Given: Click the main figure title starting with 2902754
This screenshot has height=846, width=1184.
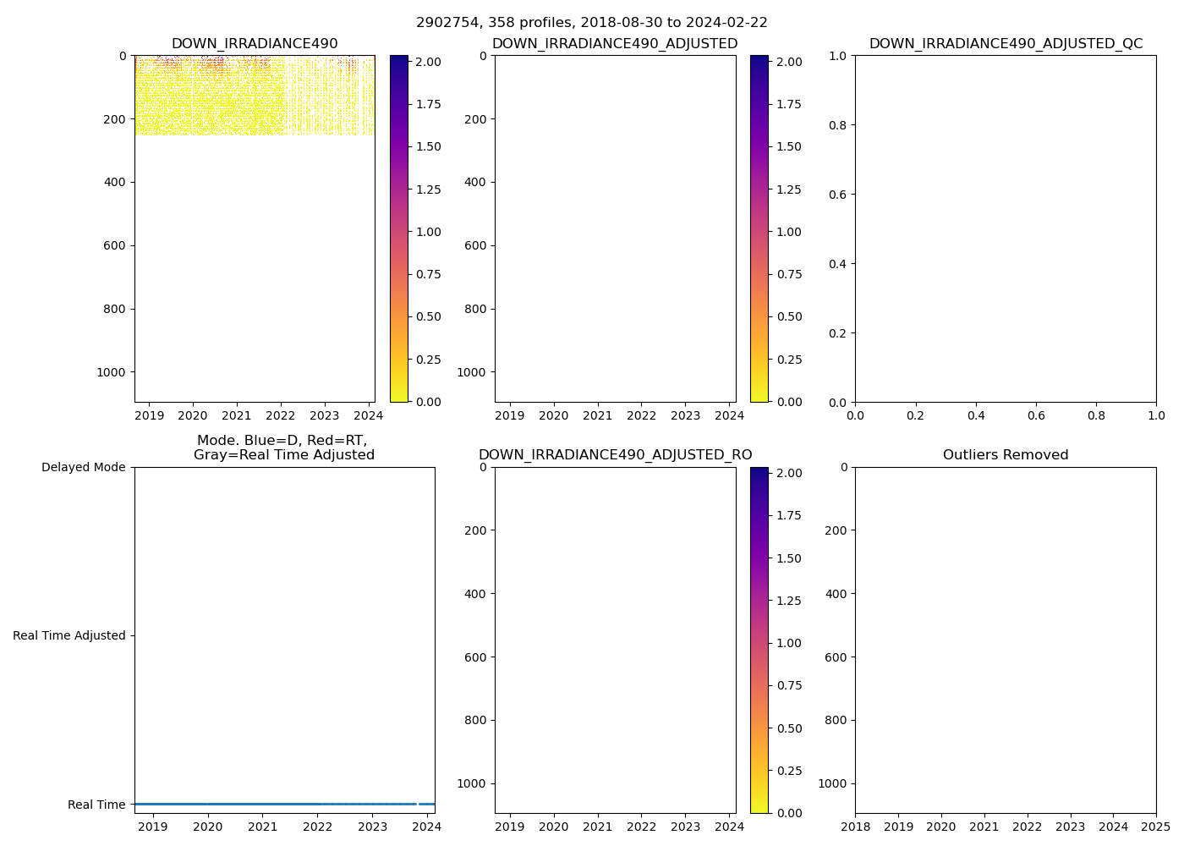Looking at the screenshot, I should click(591, 23).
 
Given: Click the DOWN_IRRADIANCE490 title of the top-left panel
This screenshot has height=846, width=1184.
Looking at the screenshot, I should click(255, 44).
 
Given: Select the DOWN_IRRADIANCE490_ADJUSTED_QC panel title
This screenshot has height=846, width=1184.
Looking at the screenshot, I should click(1006, 44).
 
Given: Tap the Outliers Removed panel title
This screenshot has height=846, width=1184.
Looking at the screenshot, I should click(1006, 455).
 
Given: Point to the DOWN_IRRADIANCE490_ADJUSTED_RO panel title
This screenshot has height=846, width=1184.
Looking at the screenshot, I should click(615, 455).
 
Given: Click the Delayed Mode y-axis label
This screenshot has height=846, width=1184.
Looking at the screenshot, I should click(83, 467).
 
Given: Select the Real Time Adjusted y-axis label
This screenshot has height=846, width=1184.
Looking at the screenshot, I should click(69, 635).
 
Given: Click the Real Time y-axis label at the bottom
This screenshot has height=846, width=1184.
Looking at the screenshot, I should click(96, 805).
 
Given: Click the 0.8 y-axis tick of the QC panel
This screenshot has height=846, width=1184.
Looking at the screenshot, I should click(837, 125).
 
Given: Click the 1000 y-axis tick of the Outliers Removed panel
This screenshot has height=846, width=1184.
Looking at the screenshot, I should click(832, 783).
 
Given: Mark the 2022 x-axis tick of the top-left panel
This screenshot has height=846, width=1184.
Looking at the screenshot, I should click(281, 415).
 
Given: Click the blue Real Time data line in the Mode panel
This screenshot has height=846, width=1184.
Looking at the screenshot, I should click(279, 804).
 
